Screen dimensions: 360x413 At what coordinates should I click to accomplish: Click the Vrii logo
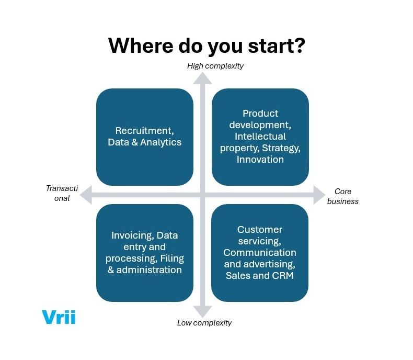coord(58,317)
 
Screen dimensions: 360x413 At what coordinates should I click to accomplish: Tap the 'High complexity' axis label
coord(215,66)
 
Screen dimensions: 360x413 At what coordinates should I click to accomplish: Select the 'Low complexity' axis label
coord(204,323)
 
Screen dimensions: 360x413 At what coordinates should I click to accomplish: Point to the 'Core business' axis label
coord(343,196)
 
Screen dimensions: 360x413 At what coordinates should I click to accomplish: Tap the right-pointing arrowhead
coord(319,195)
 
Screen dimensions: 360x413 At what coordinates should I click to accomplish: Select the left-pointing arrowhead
coord(88,195)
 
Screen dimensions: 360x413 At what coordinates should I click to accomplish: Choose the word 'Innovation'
coord(260,160)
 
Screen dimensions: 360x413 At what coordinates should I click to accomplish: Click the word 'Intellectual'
coord(260,137)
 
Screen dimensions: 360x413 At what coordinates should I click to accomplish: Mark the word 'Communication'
coord(260,253)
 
